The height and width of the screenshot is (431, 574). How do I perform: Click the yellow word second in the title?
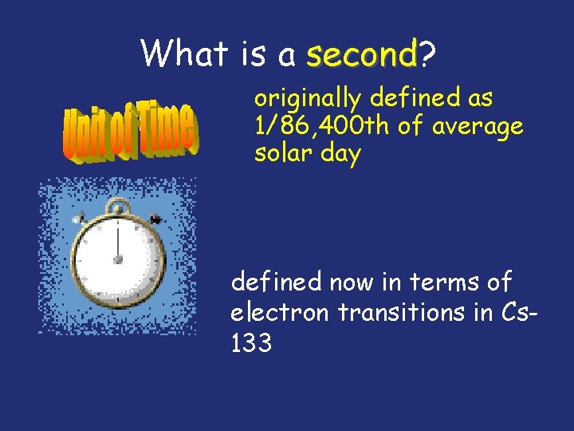[x=363, y=54]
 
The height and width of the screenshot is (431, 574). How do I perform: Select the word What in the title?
[x=185, y=53]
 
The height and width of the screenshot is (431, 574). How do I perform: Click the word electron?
[x=279, y=312]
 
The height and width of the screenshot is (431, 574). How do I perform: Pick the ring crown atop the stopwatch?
[x=118, y=208]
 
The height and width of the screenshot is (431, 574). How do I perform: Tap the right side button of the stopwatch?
[x=156, y=218]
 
